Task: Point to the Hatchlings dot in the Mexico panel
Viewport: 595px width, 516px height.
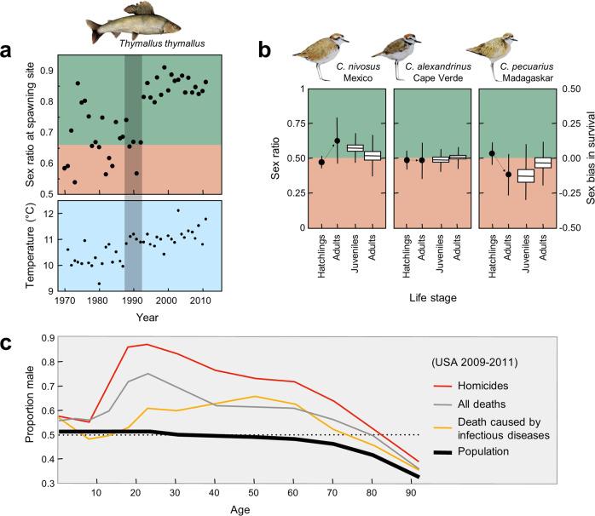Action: click(x=321, y=162)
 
